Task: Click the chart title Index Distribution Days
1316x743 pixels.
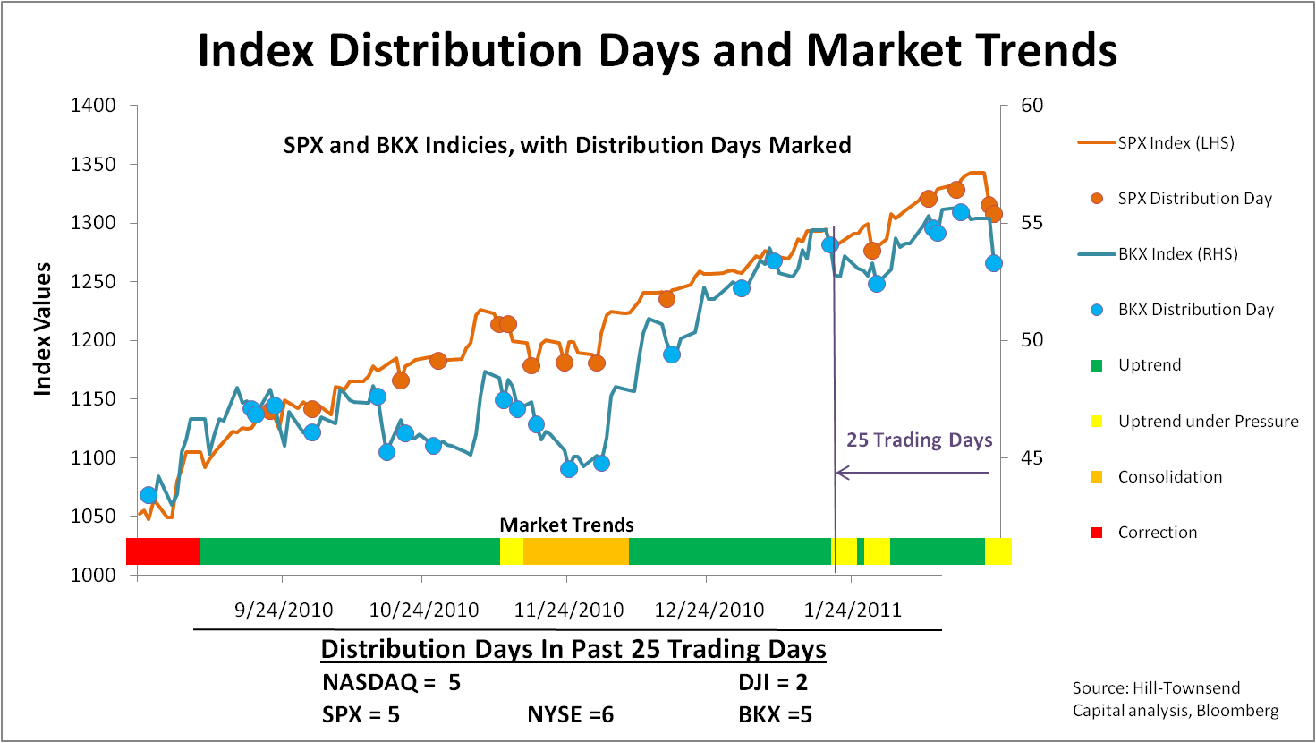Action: (657, 50)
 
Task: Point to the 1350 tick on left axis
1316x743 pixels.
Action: (94, 164)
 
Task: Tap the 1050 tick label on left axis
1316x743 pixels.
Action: (94, 517)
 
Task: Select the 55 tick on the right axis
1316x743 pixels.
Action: (1032, 222)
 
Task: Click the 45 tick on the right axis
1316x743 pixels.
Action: (1032, 457)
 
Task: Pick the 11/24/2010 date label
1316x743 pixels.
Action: (569, 611)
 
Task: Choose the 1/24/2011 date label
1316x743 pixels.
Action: (852, 611)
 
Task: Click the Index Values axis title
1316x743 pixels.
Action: (42, 329)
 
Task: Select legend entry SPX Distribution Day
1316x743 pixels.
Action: (1194, 199)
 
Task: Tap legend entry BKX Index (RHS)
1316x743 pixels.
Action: (1177, 254)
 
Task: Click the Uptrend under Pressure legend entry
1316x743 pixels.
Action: (1208, 422)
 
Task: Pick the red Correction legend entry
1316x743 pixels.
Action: (1157, 533)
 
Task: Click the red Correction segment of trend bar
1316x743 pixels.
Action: (163, 551)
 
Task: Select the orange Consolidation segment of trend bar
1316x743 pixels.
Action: (576, 551)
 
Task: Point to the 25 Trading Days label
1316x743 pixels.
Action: (919, 440)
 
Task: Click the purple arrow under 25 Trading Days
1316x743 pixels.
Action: (913, 473)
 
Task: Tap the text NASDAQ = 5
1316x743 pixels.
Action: (391, 683)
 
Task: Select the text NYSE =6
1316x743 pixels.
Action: (570, 714)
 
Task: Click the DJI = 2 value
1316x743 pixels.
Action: (773, 683)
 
